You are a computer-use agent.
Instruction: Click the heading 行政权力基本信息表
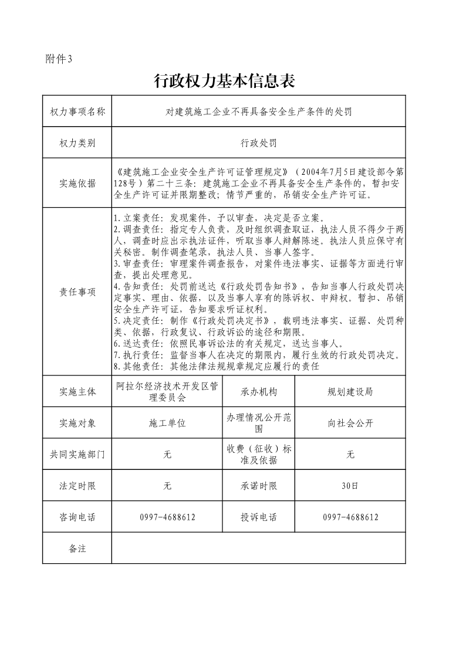[224, 81]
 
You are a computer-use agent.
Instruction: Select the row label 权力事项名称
[77, 111]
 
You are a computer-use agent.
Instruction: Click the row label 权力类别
[77, 143]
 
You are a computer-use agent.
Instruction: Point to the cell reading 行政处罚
[258, 143]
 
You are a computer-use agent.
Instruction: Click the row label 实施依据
[77, 183]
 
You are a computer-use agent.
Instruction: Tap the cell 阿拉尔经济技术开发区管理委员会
[167, 391]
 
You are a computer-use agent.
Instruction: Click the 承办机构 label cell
[258, 392]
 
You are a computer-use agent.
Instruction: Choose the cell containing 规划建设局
[350, 392]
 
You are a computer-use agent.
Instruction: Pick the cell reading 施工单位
[167, 423]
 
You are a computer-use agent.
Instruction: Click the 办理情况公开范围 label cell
[258, 423]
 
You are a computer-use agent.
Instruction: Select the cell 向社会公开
[350, 423]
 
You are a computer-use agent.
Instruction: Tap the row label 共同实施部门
[77, 454]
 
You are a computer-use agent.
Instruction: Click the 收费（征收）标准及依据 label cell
[258, 454]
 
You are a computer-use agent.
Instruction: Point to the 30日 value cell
[350, 486]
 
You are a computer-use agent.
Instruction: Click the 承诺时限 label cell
[258, 486]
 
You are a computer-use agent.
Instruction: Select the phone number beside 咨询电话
[167, 517]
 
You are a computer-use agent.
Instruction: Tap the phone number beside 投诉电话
[350, 517]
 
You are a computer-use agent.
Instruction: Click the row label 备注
[77, 549]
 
